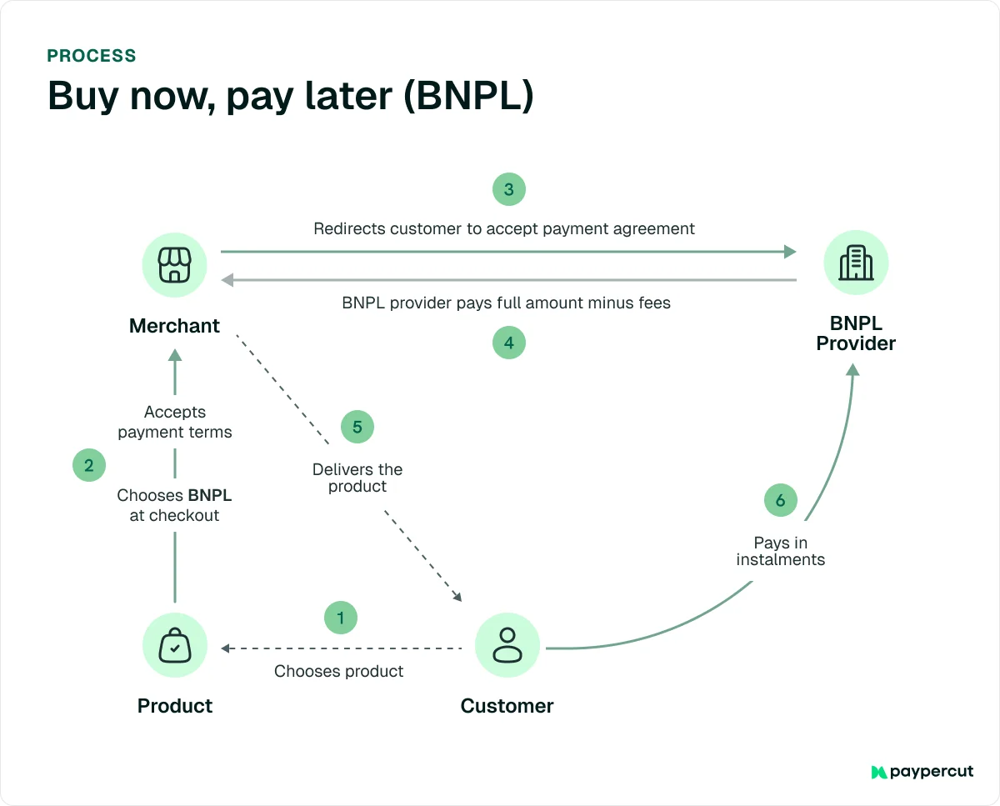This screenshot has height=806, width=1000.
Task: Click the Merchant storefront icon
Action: pos(174,264)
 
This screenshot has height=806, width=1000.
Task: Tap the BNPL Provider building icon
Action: pos(856,263)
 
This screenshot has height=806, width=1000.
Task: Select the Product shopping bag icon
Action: pos(174,646)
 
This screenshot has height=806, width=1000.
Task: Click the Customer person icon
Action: pos(507,645)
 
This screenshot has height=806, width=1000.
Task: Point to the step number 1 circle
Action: pos(340,618)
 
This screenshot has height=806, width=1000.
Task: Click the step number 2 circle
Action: pos(89,465)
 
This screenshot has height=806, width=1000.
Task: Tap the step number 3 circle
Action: pos(508,189)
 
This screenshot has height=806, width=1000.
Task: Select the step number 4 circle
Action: pos(508,342)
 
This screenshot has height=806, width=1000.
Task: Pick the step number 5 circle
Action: pos(357,427)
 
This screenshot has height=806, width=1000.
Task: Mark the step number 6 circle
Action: pos(780,500)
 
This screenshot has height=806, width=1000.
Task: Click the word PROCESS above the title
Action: pos(92,56)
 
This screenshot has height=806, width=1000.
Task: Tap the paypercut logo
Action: pos(922,772)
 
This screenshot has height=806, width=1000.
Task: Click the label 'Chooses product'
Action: pos(338,671)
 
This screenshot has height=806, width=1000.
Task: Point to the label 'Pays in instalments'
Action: pos(781,551)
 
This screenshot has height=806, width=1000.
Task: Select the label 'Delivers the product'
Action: pos(357,478)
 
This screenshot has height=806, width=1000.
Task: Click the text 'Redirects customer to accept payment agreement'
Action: pos(504,228)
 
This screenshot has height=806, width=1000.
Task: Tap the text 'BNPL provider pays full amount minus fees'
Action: pos(506,303)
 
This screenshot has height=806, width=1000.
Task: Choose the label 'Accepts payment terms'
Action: pos(175,422)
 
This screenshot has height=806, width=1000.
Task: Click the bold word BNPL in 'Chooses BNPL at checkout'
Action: pos(210,495)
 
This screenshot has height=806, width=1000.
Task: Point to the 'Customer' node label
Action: pos(507,706)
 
